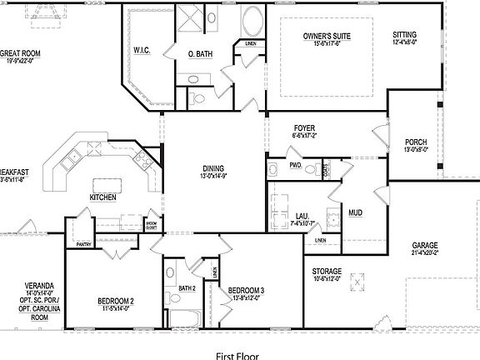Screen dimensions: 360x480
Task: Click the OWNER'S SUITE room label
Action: coord(326,37)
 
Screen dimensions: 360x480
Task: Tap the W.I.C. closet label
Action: coord(141,51)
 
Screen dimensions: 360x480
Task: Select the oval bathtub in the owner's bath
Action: coord(251,21)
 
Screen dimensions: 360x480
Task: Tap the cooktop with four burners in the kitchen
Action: coord(74,155)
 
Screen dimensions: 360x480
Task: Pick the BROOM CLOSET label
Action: coord(151,225)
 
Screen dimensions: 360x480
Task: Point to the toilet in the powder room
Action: coord(309,169)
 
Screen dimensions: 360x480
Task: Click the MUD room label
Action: coord(355,212)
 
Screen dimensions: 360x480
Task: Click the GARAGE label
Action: coord(425,246)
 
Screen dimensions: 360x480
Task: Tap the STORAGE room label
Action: coord(327,272)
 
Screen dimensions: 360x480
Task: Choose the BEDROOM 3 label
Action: coord(246,290)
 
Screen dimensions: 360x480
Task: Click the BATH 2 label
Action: coord(187,288)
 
